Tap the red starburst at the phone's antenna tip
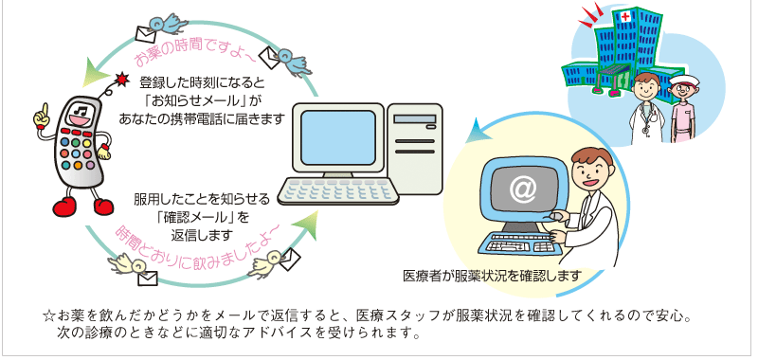pos(121,79)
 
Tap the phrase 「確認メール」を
pos(203,217)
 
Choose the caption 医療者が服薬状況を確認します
pos(491,277)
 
